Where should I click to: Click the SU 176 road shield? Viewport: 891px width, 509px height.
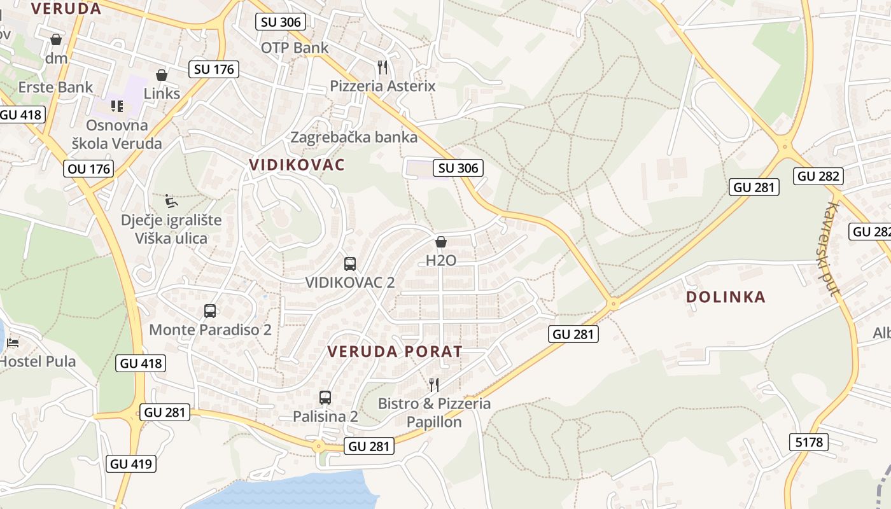(214, 69)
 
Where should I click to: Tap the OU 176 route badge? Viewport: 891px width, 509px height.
(88, 169)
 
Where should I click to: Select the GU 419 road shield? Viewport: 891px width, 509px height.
(132, 463)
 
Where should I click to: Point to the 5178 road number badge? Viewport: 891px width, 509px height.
(809, 442)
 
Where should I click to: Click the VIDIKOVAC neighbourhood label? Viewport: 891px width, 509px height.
(297, 165)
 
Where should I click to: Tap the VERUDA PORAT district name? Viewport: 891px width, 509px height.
(395, 351)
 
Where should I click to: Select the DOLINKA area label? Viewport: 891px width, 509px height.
(726, 297)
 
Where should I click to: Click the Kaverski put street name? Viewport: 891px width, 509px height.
(833, 248)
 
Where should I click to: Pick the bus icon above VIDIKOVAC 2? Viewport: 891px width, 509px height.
(349, 263)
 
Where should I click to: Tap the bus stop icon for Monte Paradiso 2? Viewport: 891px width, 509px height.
(210, 310)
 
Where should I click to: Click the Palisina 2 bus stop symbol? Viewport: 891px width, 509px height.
(325, 398)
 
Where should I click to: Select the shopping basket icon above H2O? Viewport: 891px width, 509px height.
(440, 242)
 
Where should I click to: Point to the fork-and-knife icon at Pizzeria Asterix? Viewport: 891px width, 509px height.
(382, 67)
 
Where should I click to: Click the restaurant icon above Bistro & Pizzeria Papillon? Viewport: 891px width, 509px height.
(434, 384)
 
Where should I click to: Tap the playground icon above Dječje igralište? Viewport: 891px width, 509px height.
(171, 202)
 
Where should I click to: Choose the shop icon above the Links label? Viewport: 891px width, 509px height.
(162, 75)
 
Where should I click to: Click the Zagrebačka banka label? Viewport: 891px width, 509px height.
(354, 137)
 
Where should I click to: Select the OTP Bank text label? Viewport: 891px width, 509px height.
(295, 48)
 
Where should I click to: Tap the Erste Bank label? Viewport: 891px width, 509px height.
(56, 87)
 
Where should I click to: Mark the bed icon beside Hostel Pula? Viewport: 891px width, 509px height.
(12, 344)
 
